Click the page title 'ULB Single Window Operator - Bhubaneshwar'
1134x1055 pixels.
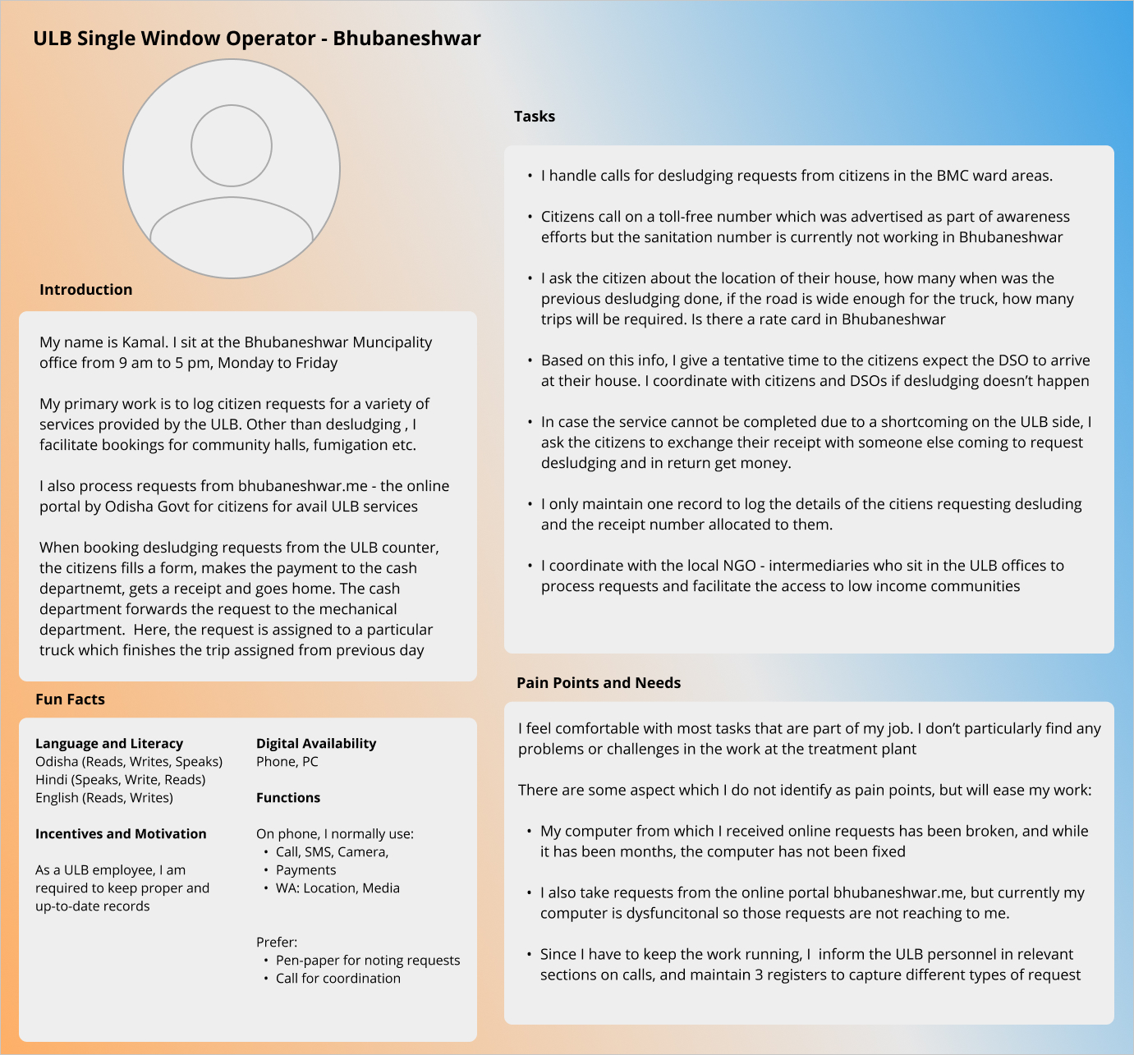point(256,39)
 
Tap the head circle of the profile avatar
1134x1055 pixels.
point(232,145)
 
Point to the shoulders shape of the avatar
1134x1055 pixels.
point(232,234)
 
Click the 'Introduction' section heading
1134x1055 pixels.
point(85,290)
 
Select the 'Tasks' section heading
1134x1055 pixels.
point(535,117)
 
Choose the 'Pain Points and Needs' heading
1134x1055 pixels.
point(599,683)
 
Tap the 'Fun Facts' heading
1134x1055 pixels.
point(70,700)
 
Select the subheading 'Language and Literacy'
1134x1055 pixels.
point(109,744)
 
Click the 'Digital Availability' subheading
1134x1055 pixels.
point(316,744)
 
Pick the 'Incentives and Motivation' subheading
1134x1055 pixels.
point(121,834)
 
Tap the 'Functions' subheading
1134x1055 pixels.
point(288,798)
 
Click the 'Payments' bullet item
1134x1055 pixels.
point(305,870)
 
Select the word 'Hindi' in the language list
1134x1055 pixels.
point(51,780)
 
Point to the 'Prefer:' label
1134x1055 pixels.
point(277,943)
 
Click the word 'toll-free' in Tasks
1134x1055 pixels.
point(691,217)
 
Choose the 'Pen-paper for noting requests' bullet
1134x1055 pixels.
point(367,961)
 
